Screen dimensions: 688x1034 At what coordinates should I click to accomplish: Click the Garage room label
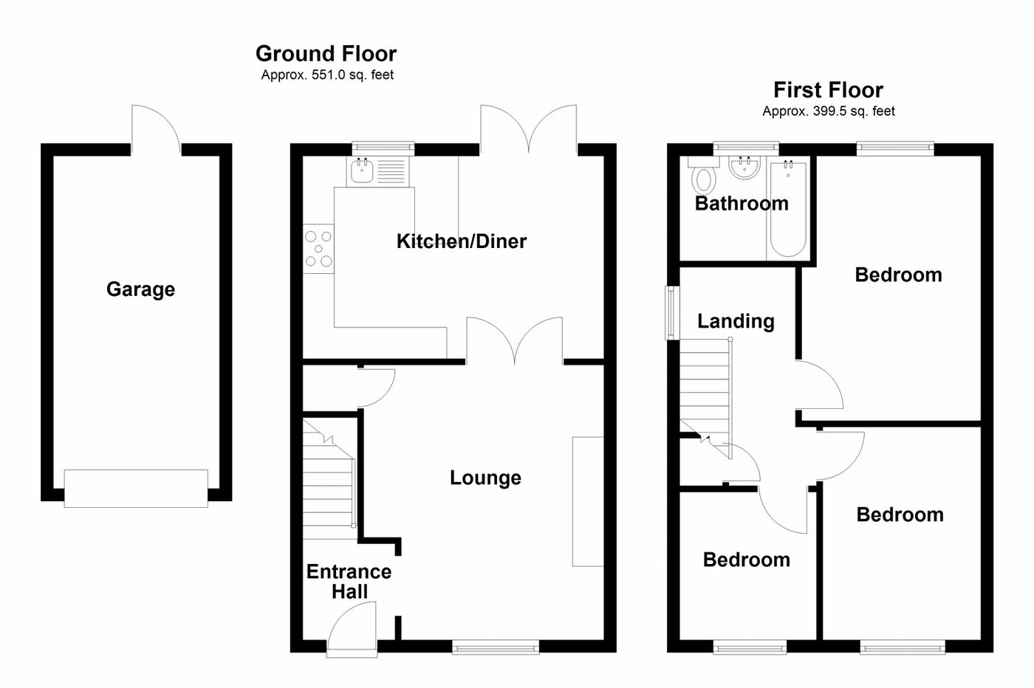click(140, 289)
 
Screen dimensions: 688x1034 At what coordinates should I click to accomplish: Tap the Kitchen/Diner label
click(461, 241)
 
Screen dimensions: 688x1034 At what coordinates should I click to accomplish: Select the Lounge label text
click(485, 478)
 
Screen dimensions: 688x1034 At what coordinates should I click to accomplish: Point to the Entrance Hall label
click(349, 582)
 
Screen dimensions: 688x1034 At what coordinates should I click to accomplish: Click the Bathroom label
click(742, 204)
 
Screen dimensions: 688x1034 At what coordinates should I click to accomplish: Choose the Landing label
click(736, 321)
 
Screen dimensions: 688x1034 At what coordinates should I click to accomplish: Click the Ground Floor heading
click(326, 54)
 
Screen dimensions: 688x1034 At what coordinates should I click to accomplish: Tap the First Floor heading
click(828, 90)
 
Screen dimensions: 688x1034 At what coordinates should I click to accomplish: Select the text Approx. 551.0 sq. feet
click(327, 75)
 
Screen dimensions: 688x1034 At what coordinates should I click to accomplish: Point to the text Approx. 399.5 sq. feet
click(828, 111)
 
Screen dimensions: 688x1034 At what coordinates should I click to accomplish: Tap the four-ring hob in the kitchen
click(319, 248)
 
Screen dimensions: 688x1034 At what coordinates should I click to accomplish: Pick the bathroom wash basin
click(744, 168)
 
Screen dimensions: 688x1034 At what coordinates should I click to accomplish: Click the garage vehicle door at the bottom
click(136, 489)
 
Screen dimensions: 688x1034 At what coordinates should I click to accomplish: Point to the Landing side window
click(671, 312)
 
